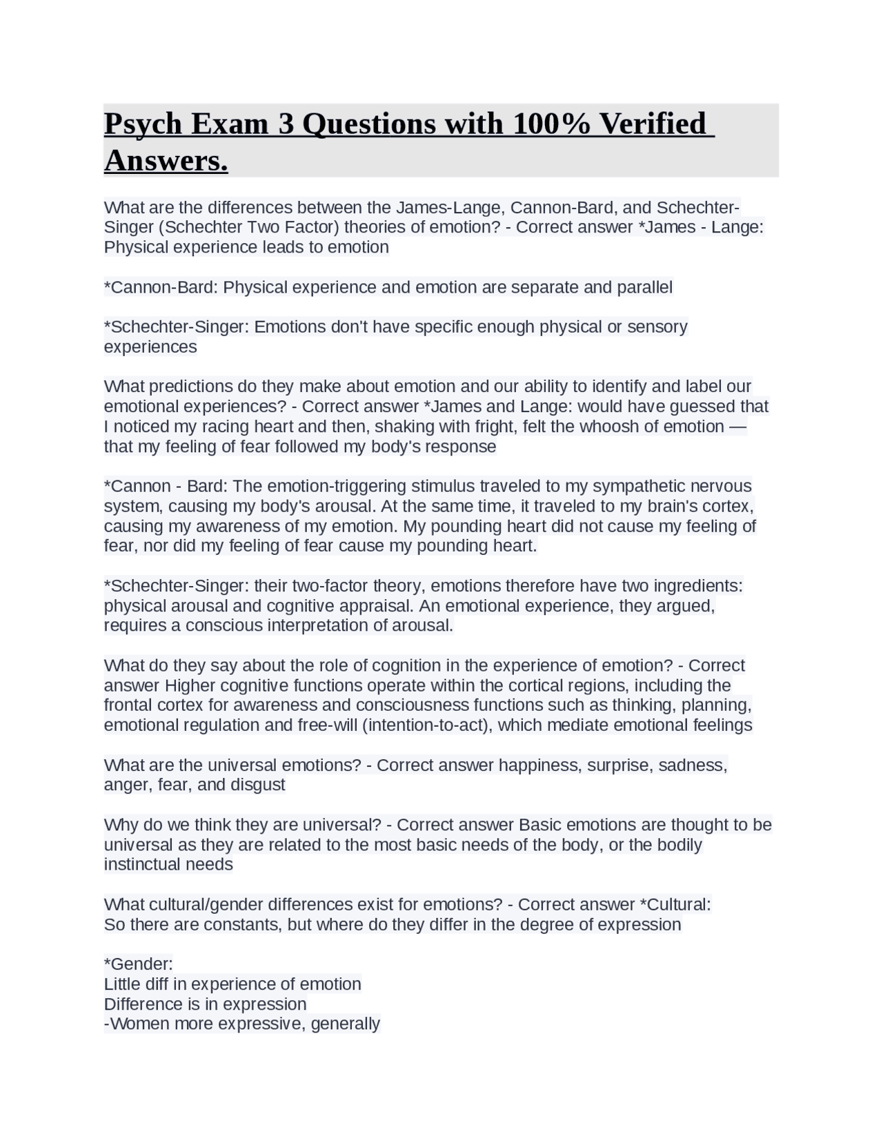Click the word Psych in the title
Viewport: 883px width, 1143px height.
click(143, 124)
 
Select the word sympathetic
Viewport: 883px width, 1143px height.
click(657, 486)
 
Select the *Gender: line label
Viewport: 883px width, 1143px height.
click(138, 964)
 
